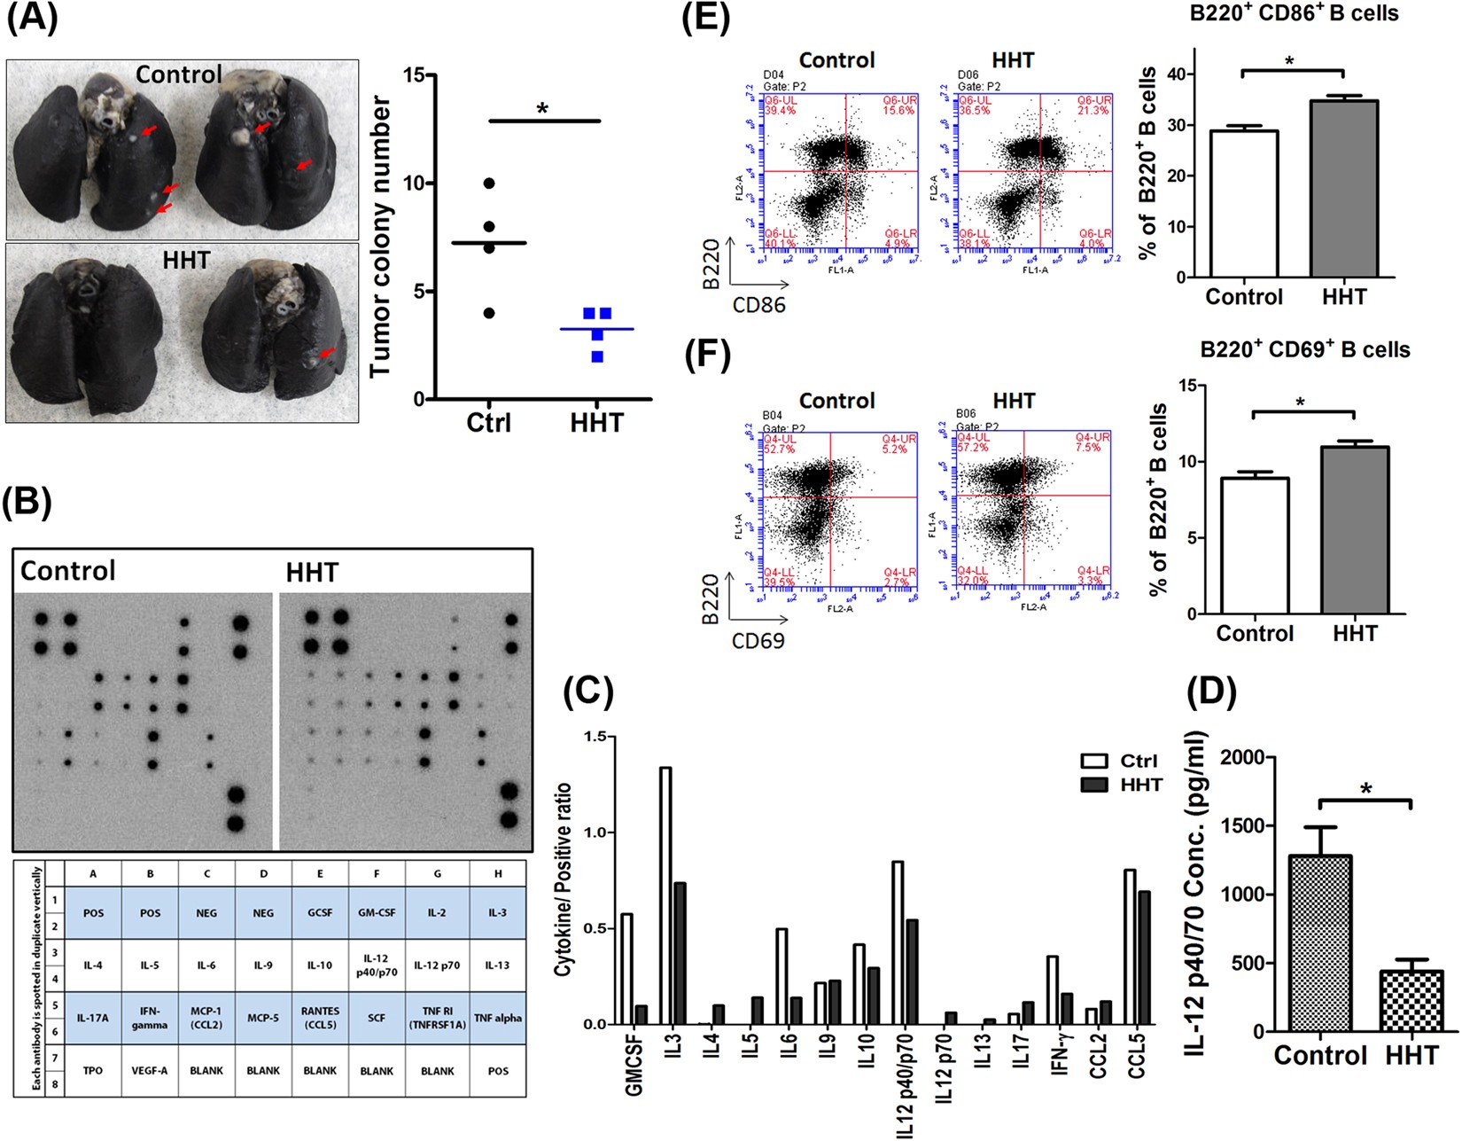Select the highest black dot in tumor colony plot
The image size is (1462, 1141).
[x=489, y=184]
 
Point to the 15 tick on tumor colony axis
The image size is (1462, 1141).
[x=412, y=75]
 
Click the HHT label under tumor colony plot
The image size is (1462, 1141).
[x=596, y=423]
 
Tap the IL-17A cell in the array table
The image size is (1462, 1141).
[x=93, y=1018]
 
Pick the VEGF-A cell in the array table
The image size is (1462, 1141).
[x=150, y=1070]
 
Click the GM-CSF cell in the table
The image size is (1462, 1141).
[x=377, y=912]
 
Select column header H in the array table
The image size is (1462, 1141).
[x=498, y=873]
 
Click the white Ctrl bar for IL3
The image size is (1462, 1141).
[x=665, y=895]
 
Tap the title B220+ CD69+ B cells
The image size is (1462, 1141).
[x=1304, y=349]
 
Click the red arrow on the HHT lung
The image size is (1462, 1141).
[x=327, y=353]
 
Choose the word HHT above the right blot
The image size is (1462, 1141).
[x=312, y=573]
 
